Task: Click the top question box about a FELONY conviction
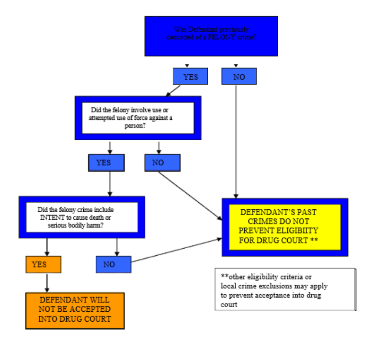pos(211,36)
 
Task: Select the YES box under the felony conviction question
pos(190,76)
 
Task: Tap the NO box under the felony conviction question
pos(239,76)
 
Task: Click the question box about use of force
pos(138,118)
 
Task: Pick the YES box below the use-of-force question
pos(106,162)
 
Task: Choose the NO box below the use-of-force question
pos(162,162)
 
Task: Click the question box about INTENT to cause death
pos(82,217)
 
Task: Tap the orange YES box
pos(43,264)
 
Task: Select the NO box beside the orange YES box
pos(114,264)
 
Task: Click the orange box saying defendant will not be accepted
pos(75,311)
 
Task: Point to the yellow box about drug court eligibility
pos(285,227)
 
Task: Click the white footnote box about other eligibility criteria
pos(285,289)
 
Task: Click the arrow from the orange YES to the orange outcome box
pos(47,283)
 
